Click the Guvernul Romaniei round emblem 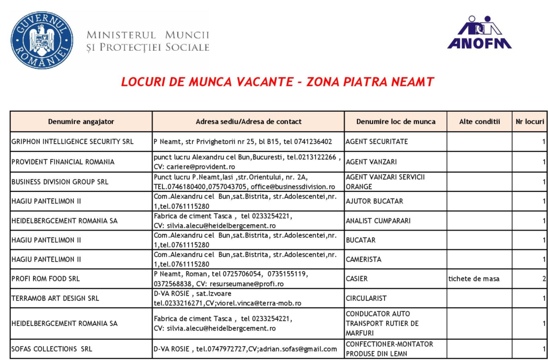click(x=42, y=40)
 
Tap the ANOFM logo click(x=479, y=33)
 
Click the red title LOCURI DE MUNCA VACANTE click(x=277, y=82)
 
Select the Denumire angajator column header click(x=81, y=121)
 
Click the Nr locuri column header click(x=529, y=121)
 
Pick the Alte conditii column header click(x=479, y=121)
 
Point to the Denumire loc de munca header click(x=395, y=121)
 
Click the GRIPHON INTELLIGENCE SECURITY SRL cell click(x=72, y=142)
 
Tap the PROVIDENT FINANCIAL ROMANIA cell click(x=63, y=162)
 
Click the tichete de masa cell click(x=474, y=279)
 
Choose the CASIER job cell click(x=357, y=279)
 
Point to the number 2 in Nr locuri click(x=544, y=279)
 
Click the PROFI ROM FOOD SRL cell click(x=45, y=279)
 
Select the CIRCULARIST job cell click(x=366, y=298)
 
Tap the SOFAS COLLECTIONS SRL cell click(x=52, y=349)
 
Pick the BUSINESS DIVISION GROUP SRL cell click(x=60, y=182)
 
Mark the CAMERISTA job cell click(x=363, y=259)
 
